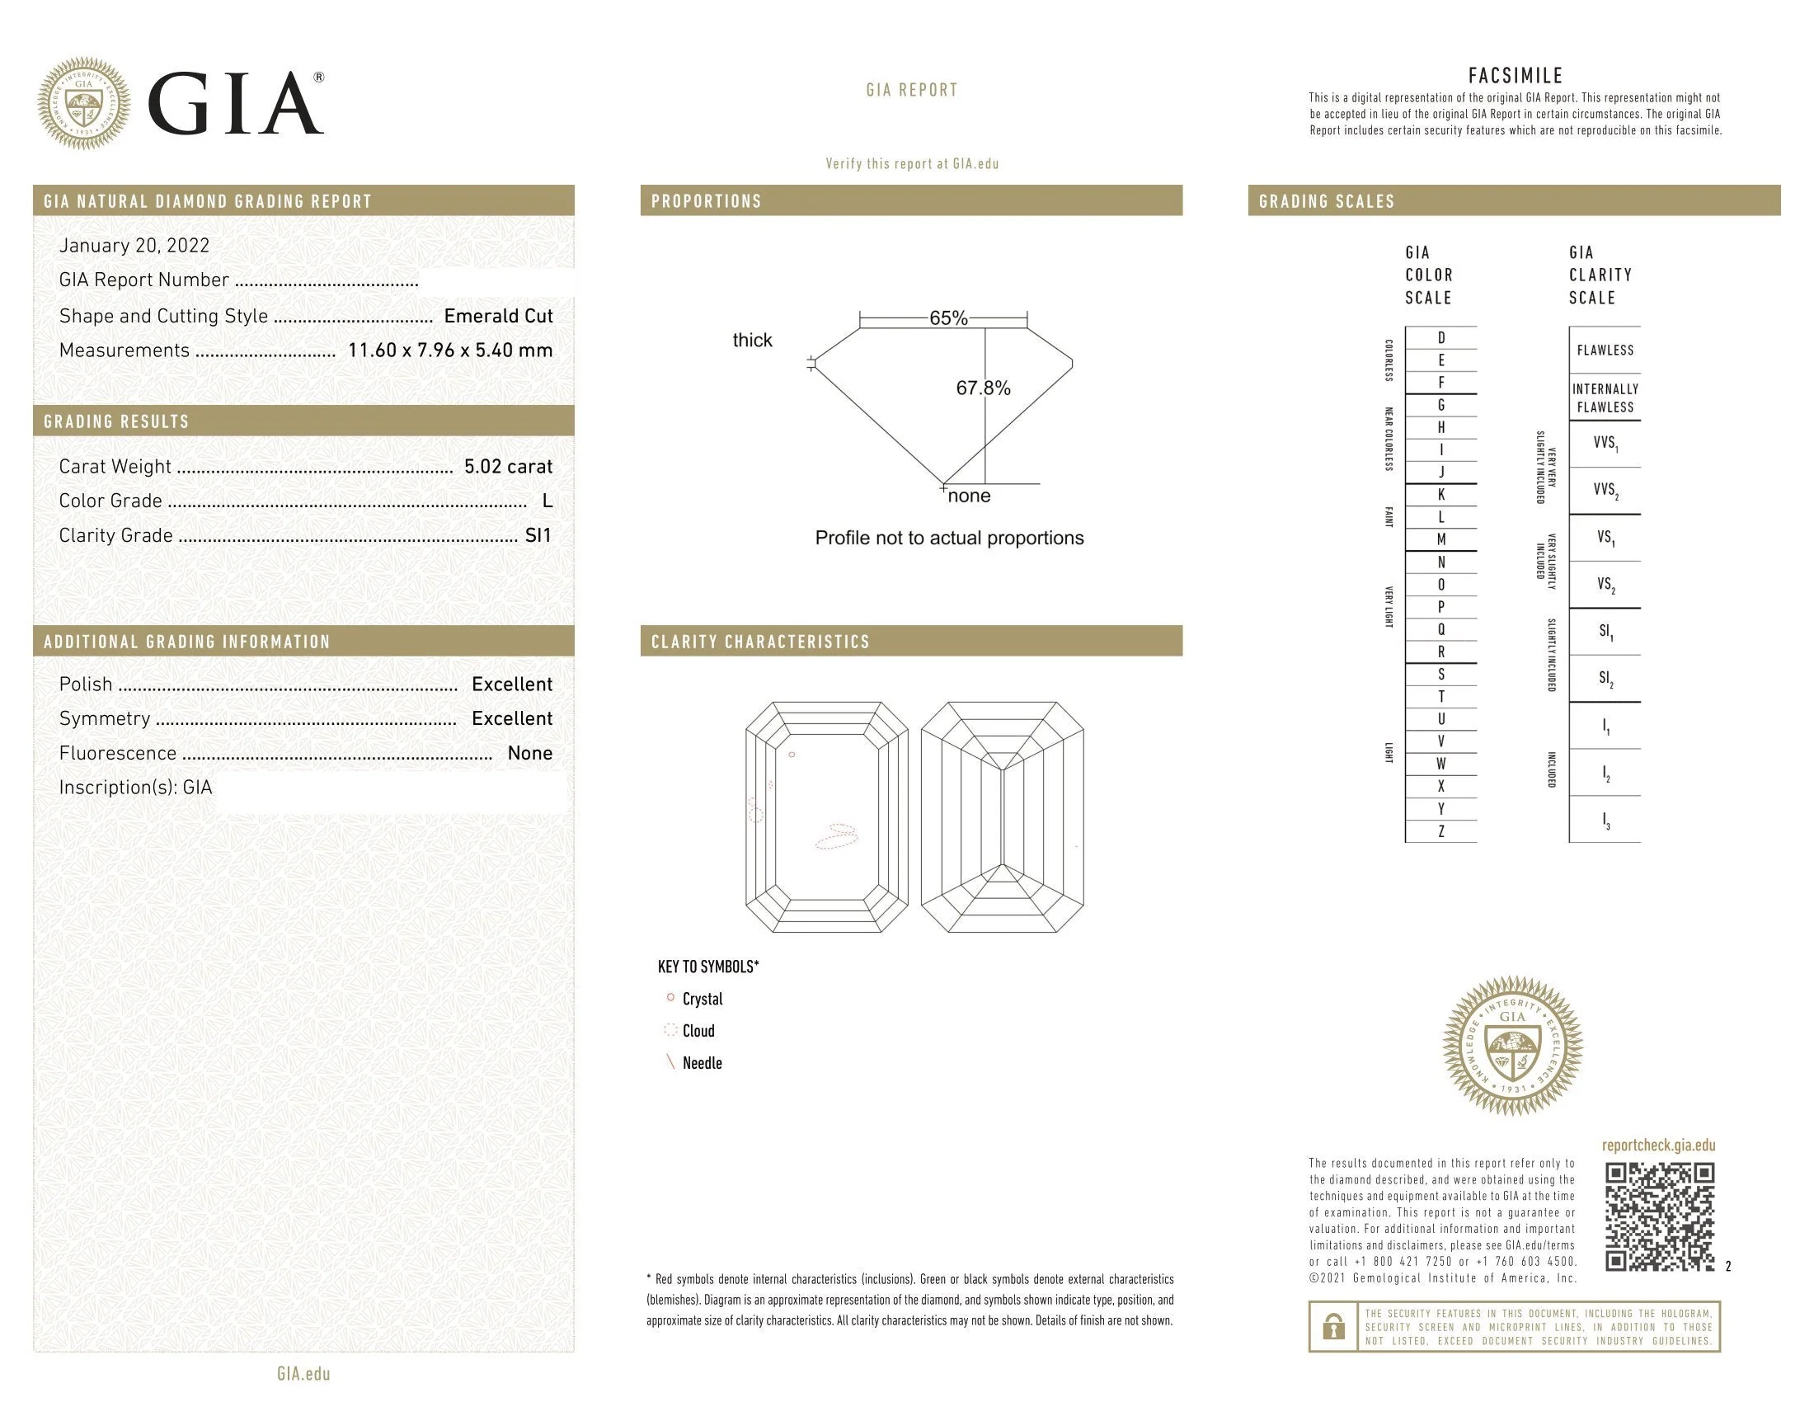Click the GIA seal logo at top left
pos(84,103)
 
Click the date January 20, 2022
pos(134,246)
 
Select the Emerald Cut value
pos(498,316)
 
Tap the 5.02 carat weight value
pos(507,466)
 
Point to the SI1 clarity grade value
pos(538,536)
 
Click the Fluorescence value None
pos(530,753)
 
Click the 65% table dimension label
pos(947,318)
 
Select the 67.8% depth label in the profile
pos(983,388)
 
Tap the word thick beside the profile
pos(752,340)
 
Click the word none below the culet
pos(969,496)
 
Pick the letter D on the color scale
pos(1441,337)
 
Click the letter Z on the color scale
pos(1441,831)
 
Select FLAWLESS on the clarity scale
pos(1605,350)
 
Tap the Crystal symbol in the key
pos(670,998)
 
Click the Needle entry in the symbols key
pos(702,1063)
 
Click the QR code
pos(1659,1216)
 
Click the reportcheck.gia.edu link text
pos(1658,1146)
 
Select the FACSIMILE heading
pos(1515,76)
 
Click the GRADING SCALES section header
pos(1327,201)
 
